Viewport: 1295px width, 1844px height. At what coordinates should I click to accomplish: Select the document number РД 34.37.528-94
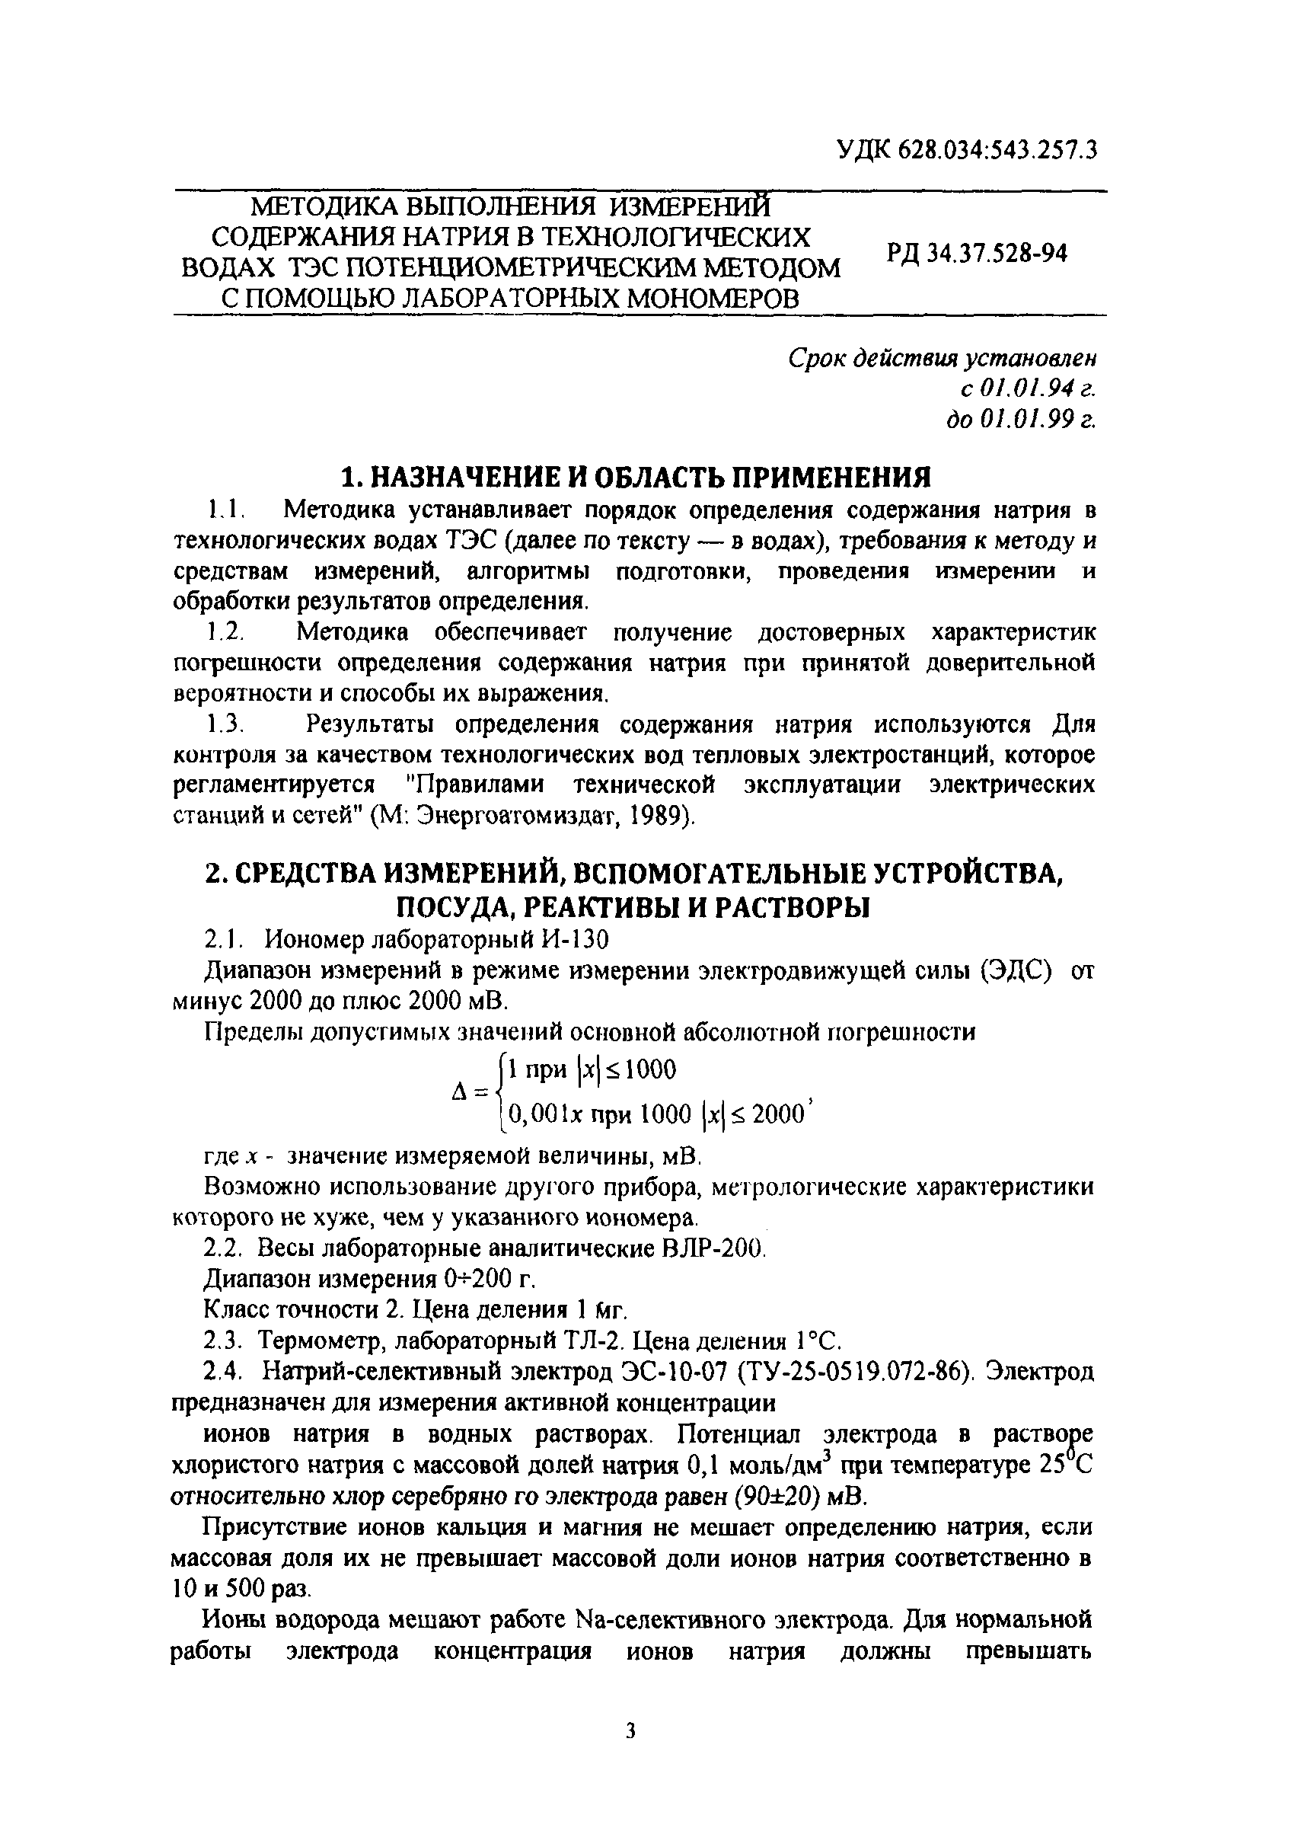point(976,254)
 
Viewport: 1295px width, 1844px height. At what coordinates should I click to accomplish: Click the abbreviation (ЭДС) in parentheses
point(1015,970)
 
